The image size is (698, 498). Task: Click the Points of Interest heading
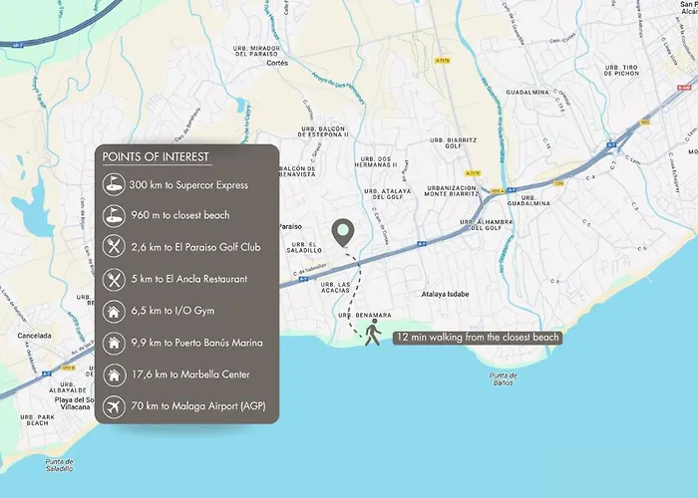coord(156,157)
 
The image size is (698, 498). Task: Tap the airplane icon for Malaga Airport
coord(114,406)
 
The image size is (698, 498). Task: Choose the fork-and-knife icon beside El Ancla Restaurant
coord(114,279)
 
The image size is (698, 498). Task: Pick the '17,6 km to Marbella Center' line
coord(195,374)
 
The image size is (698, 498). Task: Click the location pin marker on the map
coord(344,233)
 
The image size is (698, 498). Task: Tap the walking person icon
coord(373,334)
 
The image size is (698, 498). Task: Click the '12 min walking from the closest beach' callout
coord(477,338)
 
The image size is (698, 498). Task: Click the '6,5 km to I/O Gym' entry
coord(174,311)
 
